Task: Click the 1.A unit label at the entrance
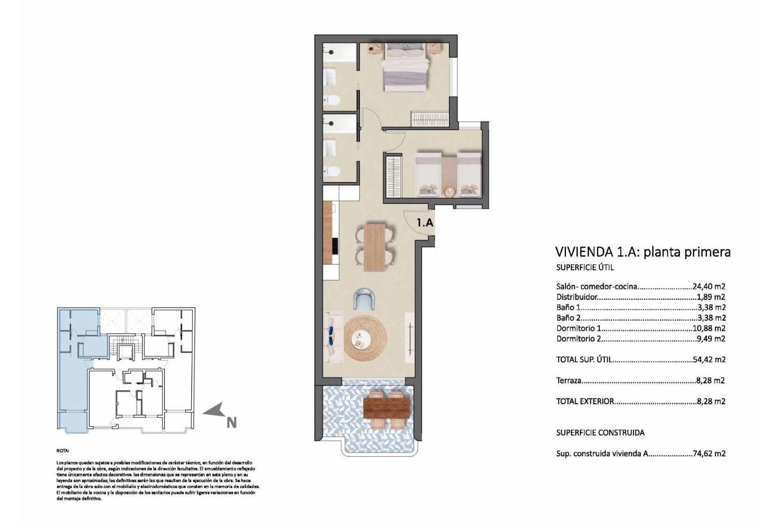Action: [x=425, y=223]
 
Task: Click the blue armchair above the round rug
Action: [x=364, y=298]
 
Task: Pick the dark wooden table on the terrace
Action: [x=386, y=408]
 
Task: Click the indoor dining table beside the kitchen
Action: [x=374, y=247]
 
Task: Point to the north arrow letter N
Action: [x=232, y=422]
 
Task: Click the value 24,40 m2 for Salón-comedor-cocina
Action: [x=709, y=286]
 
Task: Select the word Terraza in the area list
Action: [x=568, y=380]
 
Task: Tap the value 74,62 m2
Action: [x=709, y=453]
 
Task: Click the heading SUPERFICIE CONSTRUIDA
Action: [x=600, y=433]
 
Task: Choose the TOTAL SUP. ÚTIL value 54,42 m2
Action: [x=709, y=360]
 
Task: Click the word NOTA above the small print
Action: [x=63, y=451]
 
